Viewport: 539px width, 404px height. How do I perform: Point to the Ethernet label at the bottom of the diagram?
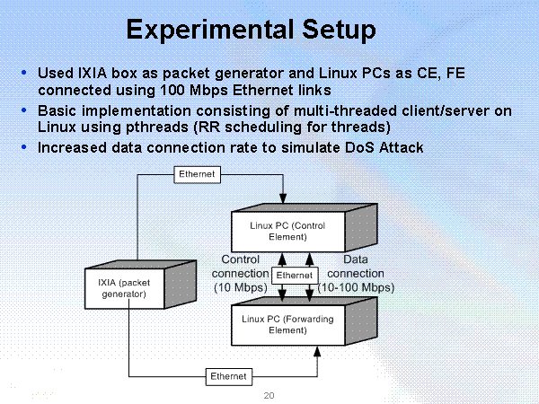click(228, 375)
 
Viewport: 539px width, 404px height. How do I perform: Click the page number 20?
click(269, 395)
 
